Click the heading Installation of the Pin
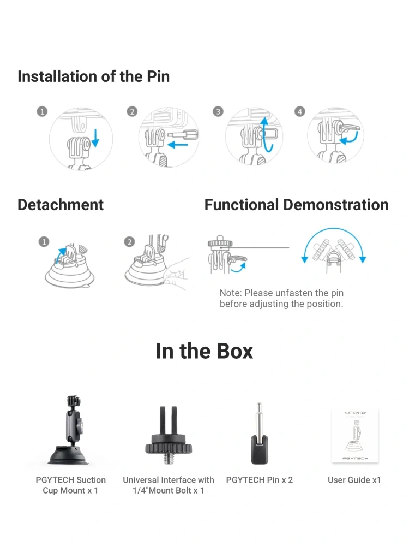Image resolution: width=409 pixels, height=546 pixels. (x=94, y=76)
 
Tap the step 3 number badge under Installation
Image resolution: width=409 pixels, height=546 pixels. (x=218, y=111)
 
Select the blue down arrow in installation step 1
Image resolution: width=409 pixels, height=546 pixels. (x=95, y=138)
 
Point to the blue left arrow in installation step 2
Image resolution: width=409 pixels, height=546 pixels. (x=178, y=144)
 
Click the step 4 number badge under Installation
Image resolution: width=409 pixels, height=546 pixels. (x=300, y=111)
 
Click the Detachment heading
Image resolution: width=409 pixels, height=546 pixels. (x=61, y=205)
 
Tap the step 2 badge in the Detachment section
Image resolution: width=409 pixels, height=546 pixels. (x=129, y=242)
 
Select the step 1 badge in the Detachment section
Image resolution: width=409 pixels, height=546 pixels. (x=44, y=242)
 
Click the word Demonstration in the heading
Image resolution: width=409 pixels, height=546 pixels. (x=336, y=205)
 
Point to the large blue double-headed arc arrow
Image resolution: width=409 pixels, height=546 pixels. (x=334, y=229)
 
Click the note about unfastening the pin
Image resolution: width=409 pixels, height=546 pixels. (x=281, y=299)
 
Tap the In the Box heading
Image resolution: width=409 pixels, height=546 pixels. (x=204, y=351)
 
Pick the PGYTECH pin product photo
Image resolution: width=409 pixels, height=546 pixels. (x=260, y=434)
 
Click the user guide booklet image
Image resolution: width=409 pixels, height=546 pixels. (x=355, y=436)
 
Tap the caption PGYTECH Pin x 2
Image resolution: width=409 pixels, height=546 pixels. (x=260, y=480)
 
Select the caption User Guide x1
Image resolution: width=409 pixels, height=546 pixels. (x=354, y=480)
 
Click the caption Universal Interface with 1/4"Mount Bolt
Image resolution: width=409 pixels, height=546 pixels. (x=169, y=485)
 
